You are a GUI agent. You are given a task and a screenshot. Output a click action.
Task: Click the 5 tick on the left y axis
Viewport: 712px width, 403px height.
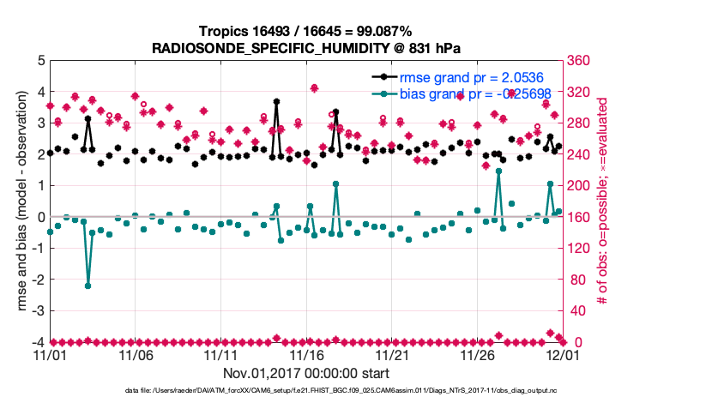(40, 61)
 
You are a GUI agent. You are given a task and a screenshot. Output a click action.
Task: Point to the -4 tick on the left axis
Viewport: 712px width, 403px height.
(38, 342)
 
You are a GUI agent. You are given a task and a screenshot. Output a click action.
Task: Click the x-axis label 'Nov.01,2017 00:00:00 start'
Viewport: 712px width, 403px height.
(305, 374)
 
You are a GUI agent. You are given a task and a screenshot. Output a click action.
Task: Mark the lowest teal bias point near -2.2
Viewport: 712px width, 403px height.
(87, 286)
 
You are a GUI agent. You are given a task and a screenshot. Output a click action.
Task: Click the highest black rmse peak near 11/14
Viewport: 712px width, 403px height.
(276, 101)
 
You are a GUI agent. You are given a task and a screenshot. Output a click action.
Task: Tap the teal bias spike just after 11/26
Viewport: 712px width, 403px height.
(498, 171)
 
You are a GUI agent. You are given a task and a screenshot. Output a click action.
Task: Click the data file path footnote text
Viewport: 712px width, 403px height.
(305, 391)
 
